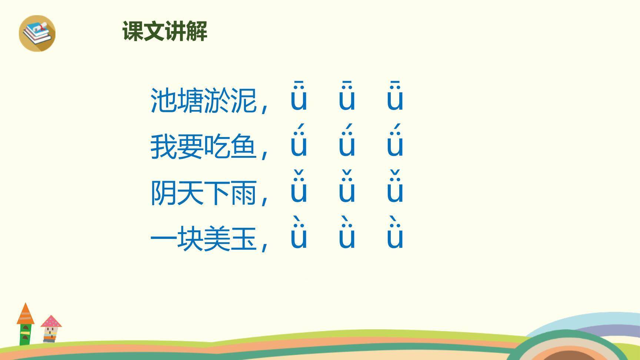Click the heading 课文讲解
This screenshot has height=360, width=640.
[x=165, y=31]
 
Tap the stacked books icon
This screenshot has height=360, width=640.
[x=37, y=33]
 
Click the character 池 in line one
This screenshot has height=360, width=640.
[x=163, y=100]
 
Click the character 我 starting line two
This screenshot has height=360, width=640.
[x=163, y=147]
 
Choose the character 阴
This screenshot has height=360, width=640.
[x=163, y=193]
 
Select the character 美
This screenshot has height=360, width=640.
[x=217, y=239]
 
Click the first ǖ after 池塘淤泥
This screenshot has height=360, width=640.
[x=299, y=97]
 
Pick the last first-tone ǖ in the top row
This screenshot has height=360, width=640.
[x=395, y=97]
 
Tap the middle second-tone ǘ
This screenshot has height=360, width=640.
[x=347, y=143]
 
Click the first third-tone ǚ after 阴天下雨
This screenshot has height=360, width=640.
[x=299, y=189]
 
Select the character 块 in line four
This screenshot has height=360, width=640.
[x=190, y=239]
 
